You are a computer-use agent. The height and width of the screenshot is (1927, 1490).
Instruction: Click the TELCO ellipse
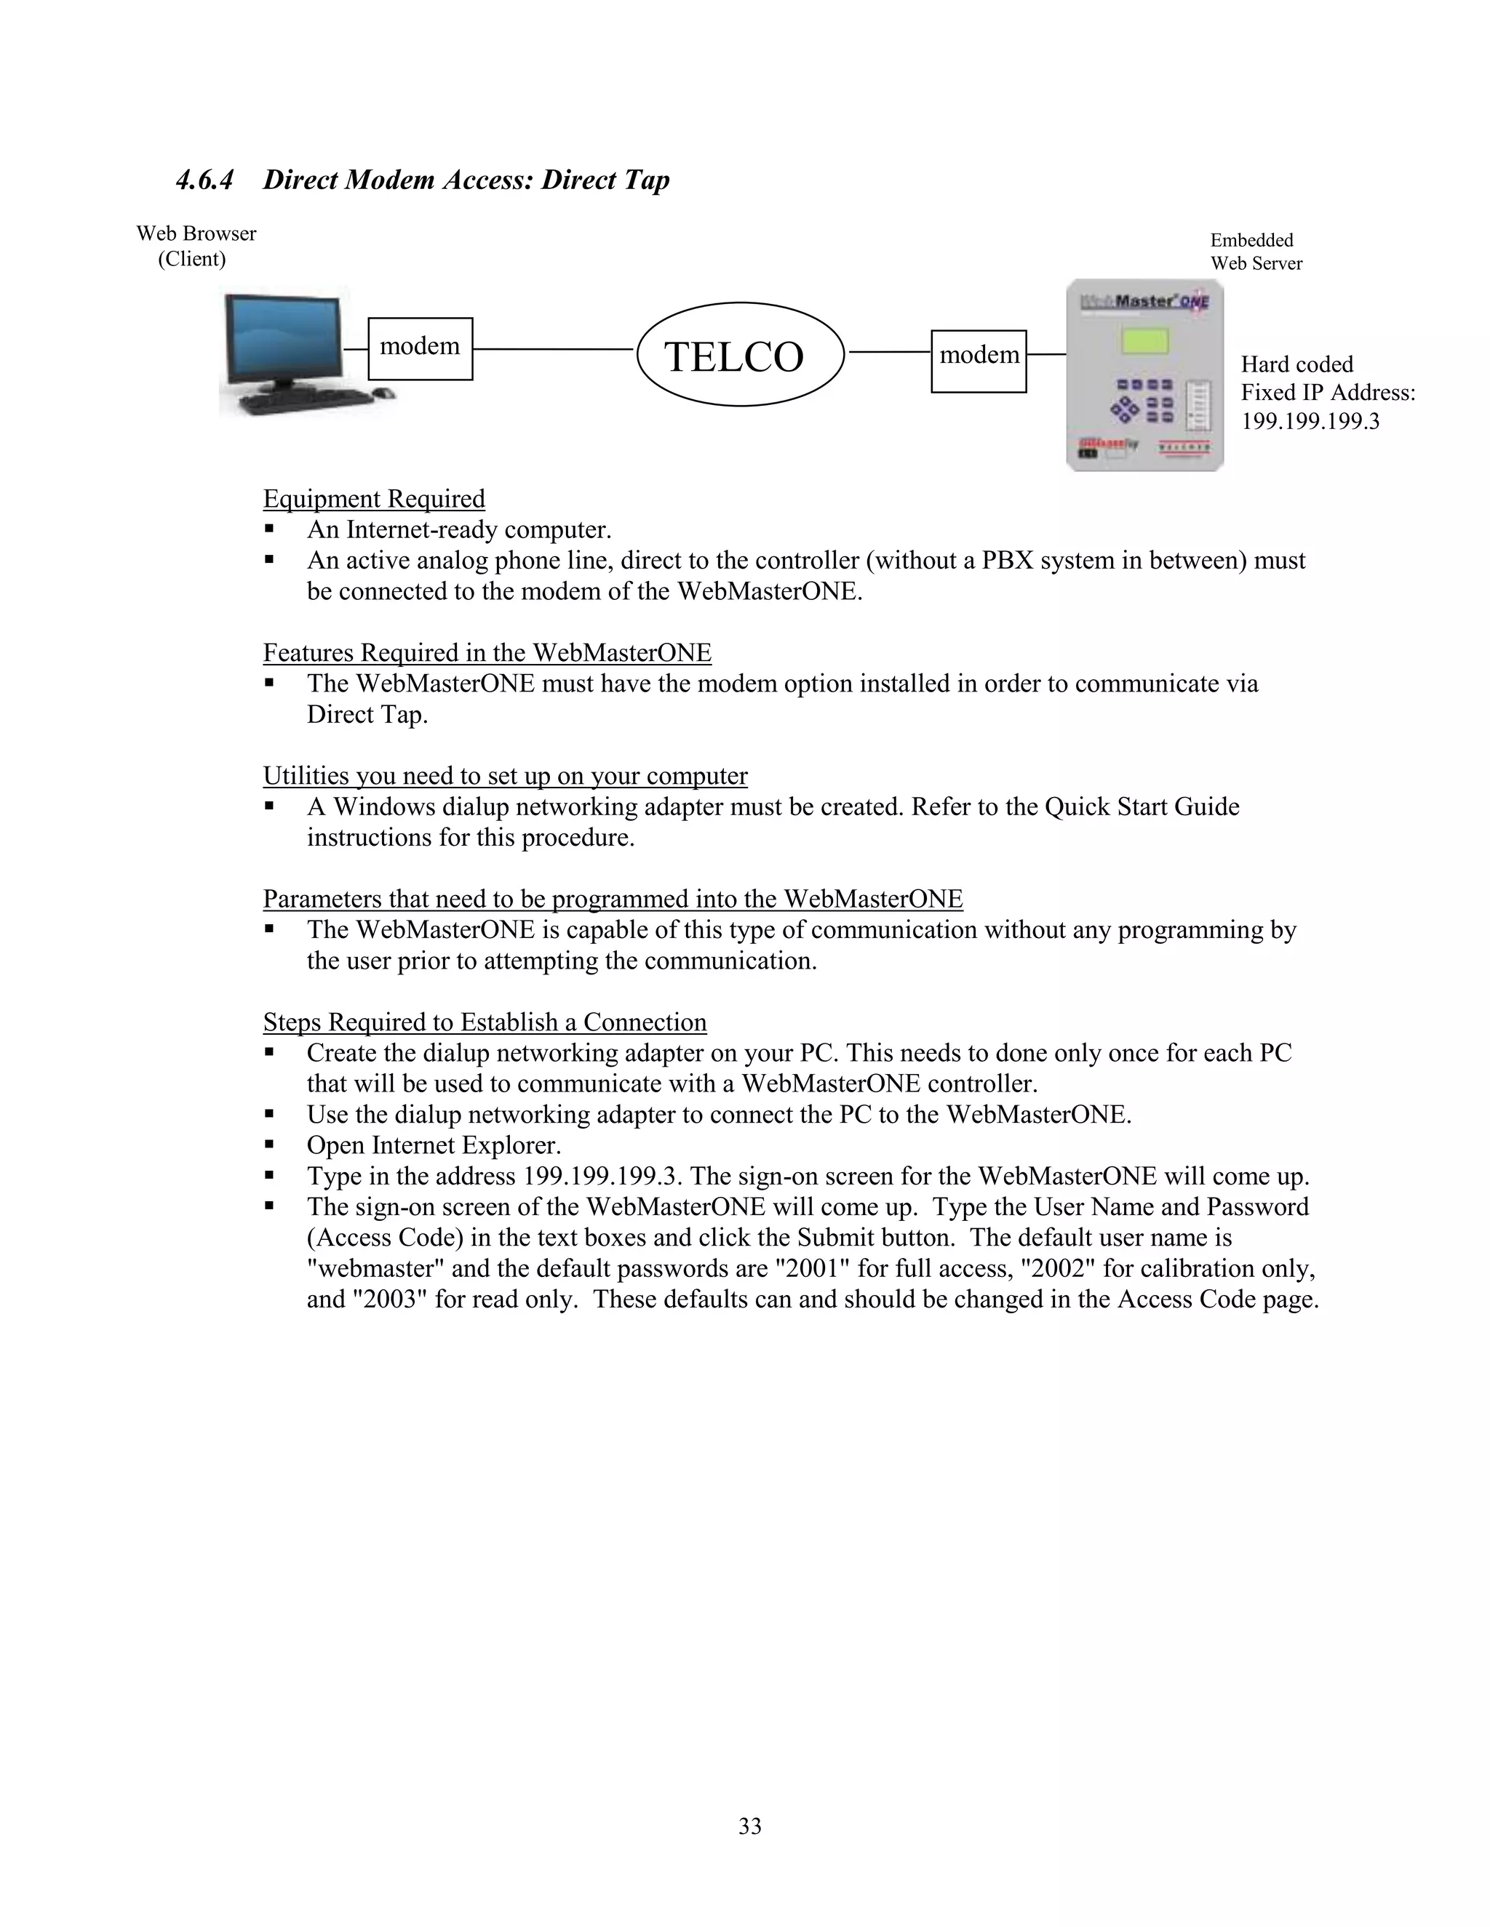pos(740,355)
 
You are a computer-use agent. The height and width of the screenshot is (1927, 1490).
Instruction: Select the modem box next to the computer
pos(421,348)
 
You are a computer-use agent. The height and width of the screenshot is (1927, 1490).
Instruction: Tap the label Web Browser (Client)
pos(196,247)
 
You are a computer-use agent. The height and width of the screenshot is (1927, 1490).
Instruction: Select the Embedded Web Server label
pos(1255,252)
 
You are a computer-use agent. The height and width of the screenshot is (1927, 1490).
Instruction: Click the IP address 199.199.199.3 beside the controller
pos(1310,421)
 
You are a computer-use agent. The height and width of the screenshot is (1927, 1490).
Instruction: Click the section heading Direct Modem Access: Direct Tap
pos(466,180)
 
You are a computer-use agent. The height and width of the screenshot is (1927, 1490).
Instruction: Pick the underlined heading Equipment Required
pos(374,500)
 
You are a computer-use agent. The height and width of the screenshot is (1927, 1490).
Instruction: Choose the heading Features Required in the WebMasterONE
pos(487,653)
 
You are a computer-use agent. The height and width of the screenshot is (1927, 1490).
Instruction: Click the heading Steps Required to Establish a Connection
pos(485,1022)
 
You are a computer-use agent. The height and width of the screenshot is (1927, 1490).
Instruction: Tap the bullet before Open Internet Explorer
pos(270,1145)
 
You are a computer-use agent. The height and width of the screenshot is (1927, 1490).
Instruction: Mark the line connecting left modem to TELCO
pos(554,349)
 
